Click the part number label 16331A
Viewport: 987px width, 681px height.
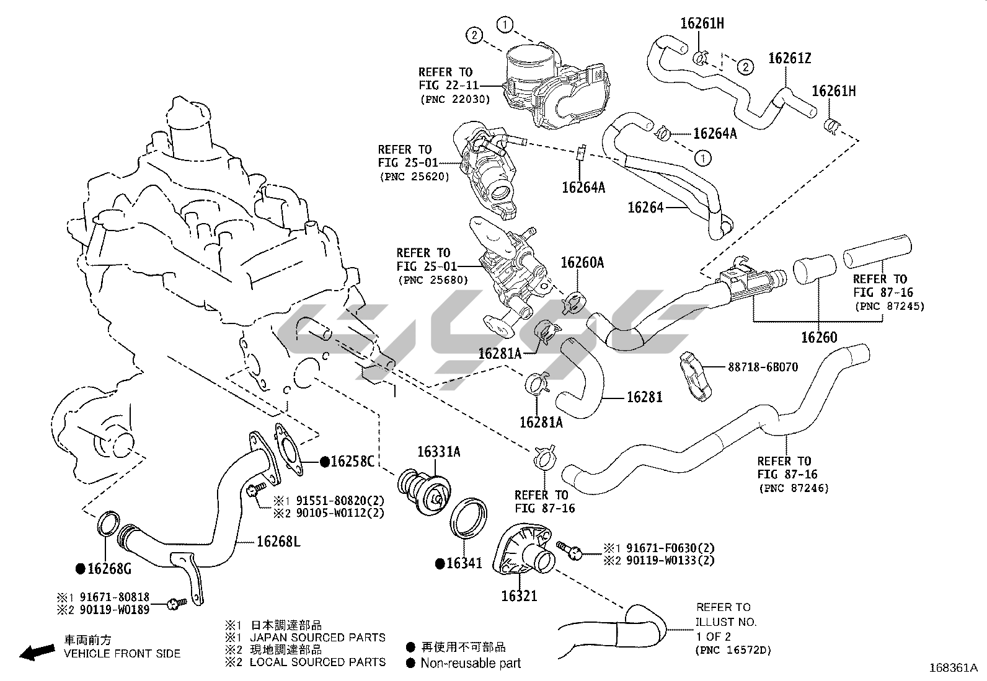tap(438, 452)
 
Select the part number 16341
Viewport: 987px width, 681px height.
tap(464, 563)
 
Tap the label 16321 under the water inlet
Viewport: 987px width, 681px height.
tap(520, 596)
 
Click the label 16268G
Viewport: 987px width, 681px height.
tap(109, 569)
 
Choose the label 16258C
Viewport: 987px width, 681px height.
tap(352, 462)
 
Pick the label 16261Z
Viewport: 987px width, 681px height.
tap(789, 58)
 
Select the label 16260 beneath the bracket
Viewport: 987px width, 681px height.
tap(818, 338)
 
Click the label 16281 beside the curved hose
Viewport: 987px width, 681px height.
tap(644, 397)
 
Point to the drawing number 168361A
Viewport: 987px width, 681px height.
tap(953, 668)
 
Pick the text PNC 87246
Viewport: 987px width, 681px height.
tap(793, 488)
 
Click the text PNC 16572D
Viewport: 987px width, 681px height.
tap(733, 650)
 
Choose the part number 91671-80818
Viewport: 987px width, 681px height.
tap(115, 597)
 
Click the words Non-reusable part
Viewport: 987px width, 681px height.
tap(471, 663)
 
